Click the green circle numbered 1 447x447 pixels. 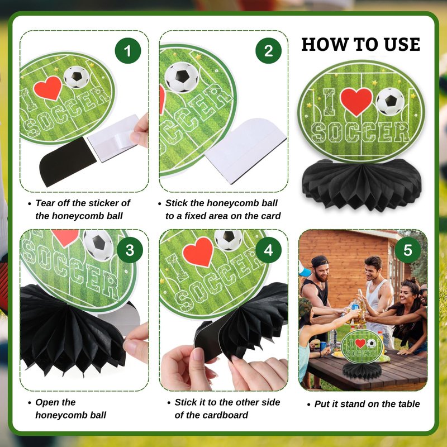[x=128, y=51]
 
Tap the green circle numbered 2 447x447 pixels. [x=268, y=51]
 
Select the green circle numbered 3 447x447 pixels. [x=130, y=250]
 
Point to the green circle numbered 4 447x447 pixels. [x=268, y=250]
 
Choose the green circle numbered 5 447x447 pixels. [x=408, y=250]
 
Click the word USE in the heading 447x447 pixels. [x=402, y=45]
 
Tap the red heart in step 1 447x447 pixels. [x=48, y=88]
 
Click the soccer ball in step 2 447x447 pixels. [x=182, y=77]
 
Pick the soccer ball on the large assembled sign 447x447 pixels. [x=390, y=101]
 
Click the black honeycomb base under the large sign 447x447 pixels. [x=362, y=184]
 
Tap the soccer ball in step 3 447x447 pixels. [x=99, y=244]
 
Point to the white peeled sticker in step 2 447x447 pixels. [x=246, y=150]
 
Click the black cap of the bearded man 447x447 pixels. [x=319, y=261]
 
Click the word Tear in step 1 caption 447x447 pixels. [x=45, y=203]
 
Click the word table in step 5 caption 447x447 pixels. [x=410, y=403]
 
